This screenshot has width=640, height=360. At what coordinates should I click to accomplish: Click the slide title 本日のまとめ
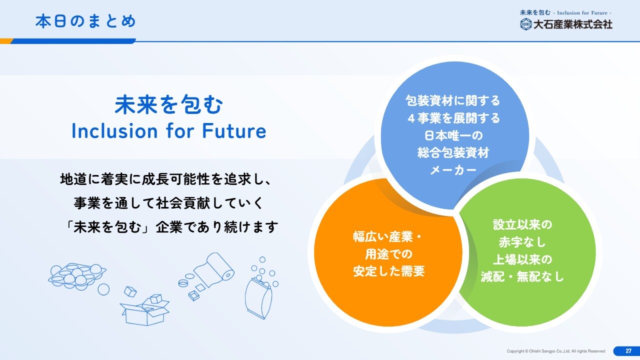85,21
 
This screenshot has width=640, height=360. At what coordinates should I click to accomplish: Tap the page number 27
628,351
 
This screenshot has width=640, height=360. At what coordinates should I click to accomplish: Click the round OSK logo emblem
525,24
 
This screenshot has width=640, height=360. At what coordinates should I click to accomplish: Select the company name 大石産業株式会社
573,24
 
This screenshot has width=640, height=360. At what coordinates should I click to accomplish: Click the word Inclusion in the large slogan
114,131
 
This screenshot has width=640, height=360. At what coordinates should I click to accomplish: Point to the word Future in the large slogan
234,131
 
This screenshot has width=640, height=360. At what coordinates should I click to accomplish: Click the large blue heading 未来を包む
168,104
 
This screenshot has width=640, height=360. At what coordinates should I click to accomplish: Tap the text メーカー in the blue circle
453,170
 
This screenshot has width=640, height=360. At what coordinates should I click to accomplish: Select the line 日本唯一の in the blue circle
453,135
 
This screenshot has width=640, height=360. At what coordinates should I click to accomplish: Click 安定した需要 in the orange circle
389,271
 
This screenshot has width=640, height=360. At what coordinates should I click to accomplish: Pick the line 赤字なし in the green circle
522,242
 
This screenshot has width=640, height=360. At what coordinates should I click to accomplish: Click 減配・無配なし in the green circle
522,276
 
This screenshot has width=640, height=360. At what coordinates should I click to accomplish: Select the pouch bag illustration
258,298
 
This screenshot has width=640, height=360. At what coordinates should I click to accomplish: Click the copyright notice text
556,351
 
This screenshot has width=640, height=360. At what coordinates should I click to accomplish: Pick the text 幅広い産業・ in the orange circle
387,236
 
